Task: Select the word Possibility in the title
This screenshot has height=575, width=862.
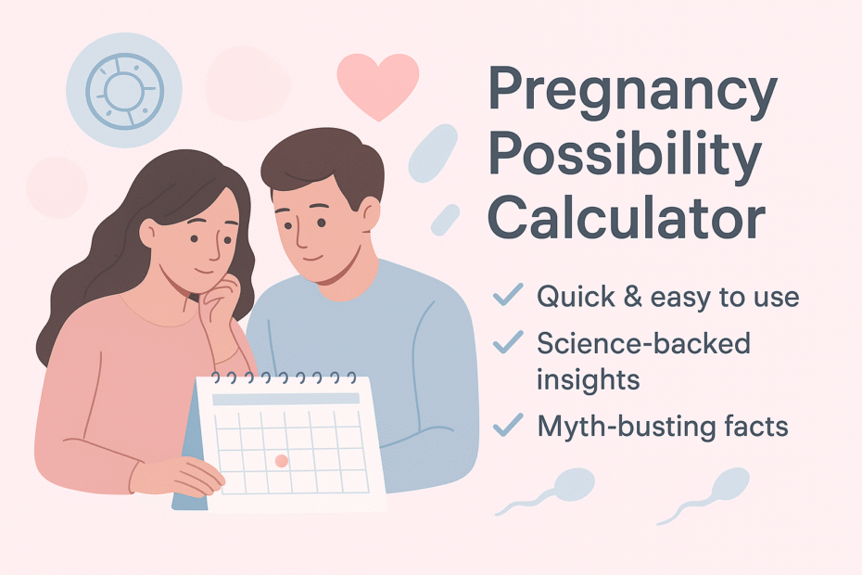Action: [x=626, y=156]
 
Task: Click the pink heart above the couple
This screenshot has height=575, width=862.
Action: [x=378, y=84]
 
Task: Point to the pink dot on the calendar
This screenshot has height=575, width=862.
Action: [x=282, y=461]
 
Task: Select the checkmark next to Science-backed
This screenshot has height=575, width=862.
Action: [x=508, y=341]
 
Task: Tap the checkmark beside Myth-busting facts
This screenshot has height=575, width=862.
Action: [x=508, y=425]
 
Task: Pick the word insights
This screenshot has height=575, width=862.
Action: [x=589, y=379]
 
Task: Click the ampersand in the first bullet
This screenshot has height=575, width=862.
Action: [x=633, y=297]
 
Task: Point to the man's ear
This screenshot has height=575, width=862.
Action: [x=370, y=213]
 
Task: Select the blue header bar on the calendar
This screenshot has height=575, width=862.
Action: [x=285, y=400]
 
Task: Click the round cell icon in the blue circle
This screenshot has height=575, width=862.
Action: [x=125, y=91]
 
